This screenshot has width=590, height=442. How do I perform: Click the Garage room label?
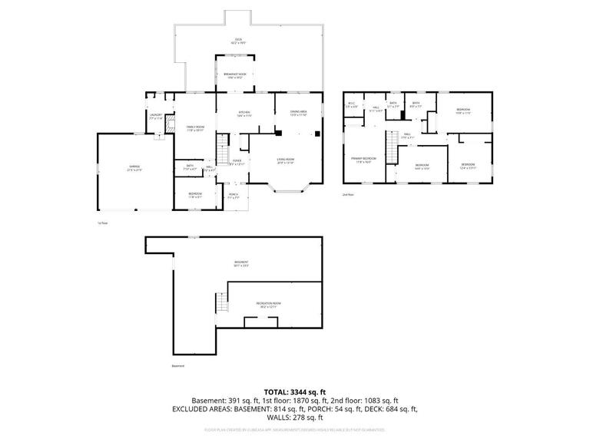[x=134, y=169]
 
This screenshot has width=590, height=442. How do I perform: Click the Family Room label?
[x=195, y=128]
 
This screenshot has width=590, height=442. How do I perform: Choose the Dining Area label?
[x=299, y=114]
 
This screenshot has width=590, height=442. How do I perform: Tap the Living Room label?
[x=286, y=160]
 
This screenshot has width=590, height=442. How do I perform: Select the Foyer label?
[x=237, y=162]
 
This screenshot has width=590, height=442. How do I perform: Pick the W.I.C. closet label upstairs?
[x=352, y=104]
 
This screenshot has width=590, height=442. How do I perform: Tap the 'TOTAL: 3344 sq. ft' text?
[x=295, y=390]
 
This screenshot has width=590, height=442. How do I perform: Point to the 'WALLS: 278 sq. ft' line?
[x=295, y=418]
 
